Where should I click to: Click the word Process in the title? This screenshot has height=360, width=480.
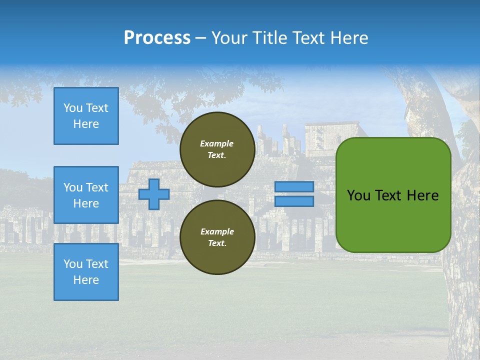[x=157, y=38]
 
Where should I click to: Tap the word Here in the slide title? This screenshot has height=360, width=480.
[x=348, y=38]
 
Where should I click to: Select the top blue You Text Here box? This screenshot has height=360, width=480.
[x=86, y=116]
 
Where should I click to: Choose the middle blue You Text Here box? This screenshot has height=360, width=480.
[x=86, y=195]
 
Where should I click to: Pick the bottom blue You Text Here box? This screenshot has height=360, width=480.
[x=86, y=272]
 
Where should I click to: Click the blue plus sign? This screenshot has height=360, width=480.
[x=154, y=194]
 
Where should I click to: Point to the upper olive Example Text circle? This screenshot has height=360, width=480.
[x=217, y=149]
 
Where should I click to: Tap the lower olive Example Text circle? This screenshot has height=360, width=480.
[x=217, y=237]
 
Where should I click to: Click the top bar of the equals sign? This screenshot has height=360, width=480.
[x=294, y=187]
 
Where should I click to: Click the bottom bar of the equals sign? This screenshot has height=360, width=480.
[x=294, y=201]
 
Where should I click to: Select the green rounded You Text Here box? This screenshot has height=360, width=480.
[x=393, y=195]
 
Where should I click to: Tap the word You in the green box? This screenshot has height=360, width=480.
[x=358, y=195]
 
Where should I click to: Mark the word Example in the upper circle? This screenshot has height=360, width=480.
[x=217, y=143]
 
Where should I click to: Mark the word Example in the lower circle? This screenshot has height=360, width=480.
[x=217, y=231]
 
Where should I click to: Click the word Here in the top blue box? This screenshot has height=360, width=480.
[x=86, y=124]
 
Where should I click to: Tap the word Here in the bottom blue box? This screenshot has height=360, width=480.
[x=86, y=280]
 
